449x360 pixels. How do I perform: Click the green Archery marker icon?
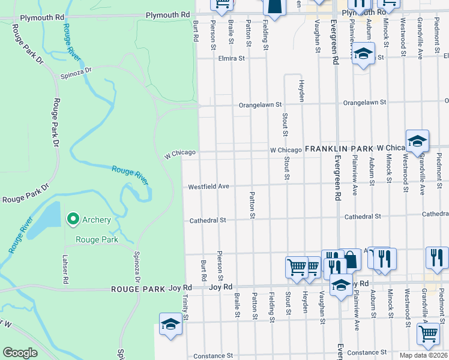tap(73, 220)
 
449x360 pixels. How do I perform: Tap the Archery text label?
tap(96, 220)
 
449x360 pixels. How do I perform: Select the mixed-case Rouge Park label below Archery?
tap(96, 239)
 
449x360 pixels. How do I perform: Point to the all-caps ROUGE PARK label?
tap(135, 289)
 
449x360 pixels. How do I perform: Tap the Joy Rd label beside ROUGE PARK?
tap(220, 287)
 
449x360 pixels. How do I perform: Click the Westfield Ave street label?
tap(209, 187)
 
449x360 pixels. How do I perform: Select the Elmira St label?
tap(232, 59)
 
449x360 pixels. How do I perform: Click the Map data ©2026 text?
tap(423, 355)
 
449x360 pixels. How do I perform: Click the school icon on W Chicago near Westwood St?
tap(417, 141)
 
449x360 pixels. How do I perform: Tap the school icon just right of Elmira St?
tap(363, 54)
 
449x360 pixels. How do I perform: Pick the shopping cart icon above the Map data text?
tap(428, 333)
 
